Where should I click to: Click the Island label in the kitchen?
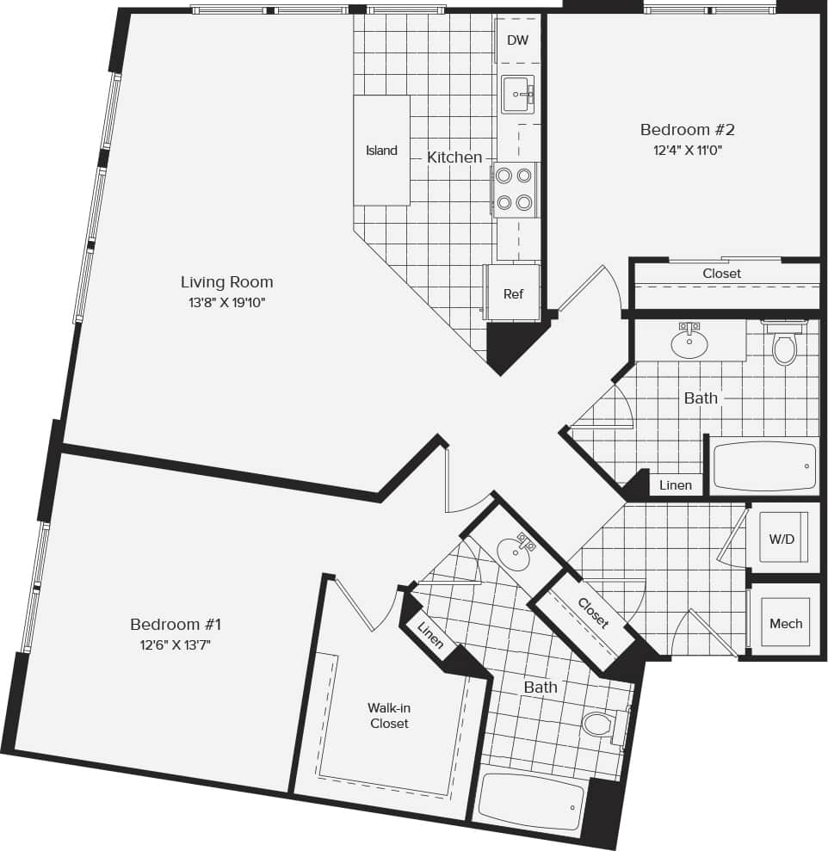tap(381, 151)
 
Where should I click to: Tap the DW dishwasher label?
tap(517, 40)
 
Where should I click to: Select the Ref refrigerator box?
tap(513, 293)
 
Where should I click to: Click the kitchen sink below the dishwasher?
tap(518, 94)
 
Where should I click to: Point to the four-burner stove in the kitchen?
tap(514, 189)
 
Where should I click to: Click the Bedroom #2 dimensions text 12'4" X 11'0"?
tap(687, 151)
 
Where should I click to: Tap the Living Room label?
tap(226, 281)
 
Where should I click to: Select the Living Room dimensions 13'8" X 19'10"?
tap(226, 302)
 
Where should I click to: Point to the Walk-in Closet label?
tap(389, 715)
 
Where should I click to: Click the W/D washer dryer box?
tap(782, 540)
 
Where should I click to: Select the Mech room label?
tap(786, 623)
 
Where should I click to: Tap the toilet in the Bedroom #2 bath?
tap(784, 346)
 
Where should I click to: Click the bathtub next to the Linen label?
tap(763, 466)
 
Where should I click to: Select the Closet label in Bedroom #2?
tap(721, 274)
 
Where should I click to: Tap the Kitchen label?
tap(454, 157)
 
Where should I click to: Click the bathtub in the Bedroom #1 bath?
tap(530, 801)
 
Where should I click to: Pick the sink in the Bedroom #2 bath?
tap(689, 342)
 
